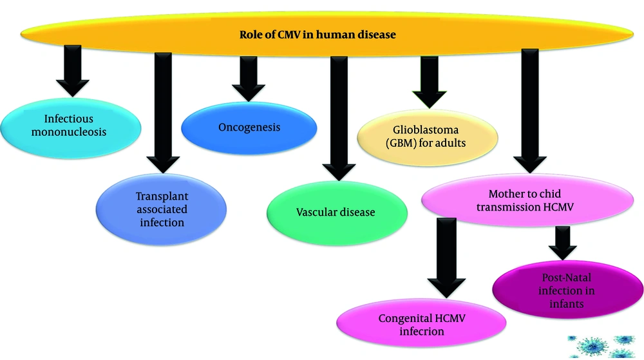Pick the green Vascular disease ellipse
336,212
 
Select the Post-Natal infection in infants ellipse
567,290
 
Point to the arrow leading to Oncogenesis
248,77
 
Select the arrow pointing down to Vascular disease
336,116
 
